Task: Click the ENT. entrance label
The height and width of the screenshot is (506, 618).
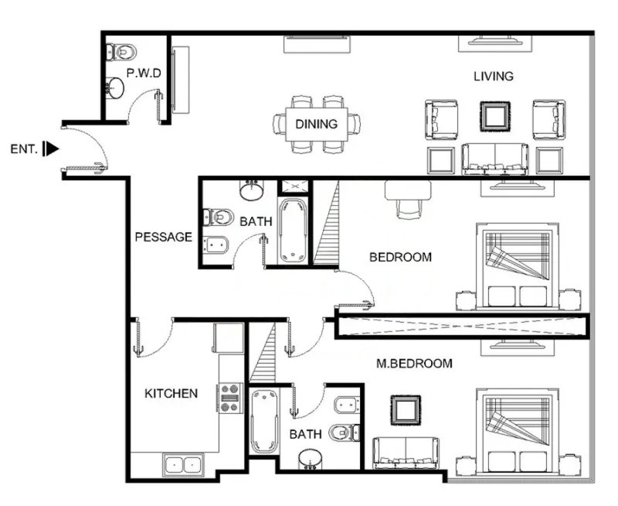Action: click(x=23, y=148)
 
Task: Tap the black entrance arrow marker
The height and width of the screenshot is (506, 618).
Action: click(x=51, y=148)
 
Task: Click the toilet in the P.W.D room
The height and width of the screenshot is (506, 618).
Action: click(x=121, y=52)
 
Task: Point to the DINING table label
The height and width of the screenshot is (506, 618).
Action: click(x=317, y=124)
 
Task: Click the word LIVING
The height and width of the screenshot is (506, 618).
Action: click(x=494, y=76)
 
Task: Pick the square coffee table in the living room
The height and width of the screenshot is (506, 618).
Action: click(x=494, y=117)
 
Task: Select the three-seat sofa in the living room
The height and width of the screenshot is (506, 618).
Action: click(x=494, y=159)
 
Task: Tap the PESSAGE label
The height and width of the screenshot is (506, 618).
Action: click(x=163, y=237)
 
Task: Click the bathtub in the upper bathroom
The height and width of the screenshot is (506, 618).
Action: click(x=293, y=231)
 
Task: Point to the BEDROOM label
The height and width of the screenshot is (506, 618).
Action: click(x=400, y=257)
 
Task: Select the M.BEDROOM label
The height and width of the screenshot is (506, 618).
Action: click(x=414, y=363)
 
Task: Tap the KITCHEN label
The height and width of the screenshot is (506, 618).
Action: click(x=171, y=393)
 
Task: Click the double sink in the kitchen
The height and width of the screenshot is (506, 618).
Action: click(x=183, y=464)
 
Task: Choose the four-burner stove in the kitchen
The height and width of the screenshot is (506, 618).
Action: click(x=230, y=397)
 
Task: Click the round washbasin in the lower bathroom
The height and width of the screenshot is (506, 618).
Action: click(x=311, y=459)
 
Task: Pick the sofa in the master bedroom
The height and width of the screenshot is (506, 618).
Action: click(x=406, y=453)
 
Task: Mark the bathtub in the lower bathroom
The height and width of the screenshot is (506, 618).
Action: click(x=263, y=421)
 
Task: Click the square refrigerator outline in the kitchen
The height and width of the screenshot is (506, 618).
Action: click(x=229, y=338)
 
